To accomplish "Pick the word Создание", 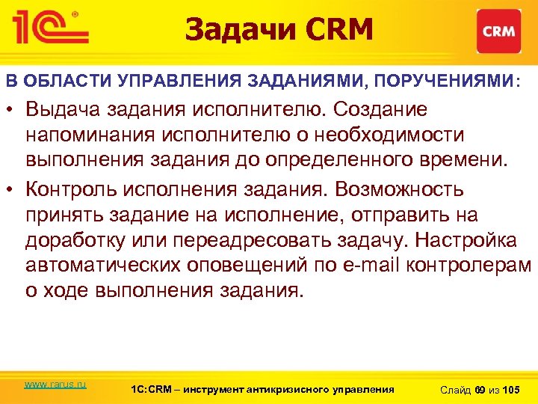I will (x=381, y=110).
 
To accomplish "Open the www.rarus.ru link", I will (x=55, y=385).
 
